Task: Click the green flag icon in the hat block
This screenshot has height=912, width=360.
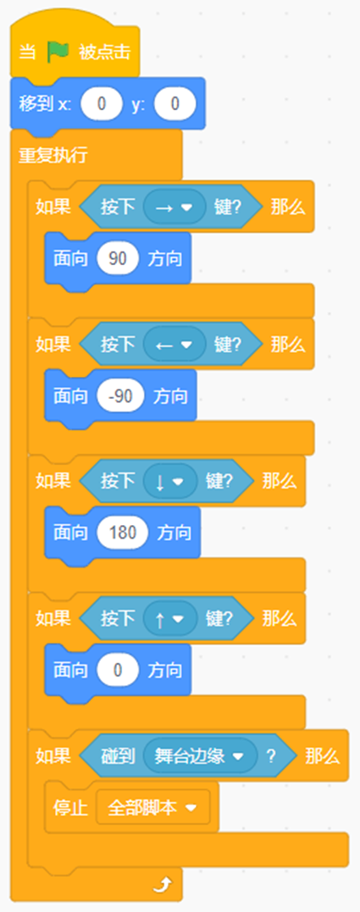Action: pos(58,53)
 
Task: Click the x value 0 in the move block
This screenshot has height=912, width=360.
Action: pos(102,105)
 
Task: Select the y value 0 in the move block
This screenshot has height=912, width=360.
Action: pos(175,105)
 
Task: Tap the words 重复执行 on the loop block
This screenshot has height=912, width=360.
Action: pos(53,155)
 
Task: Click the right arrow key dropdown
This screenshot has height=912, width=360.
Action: pos(174,207)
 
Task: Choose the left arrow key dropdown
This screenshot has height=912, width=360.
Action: pos(174,345)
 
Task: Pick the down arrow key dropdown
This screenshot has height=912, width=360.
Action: pos(170,482)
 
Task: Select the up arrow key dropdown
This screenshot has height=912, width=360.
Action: pos(170,619)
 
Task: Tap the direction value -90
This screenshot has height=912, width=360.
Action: pos(120,396)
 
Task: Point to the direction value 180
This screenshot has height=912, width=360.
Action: pos(123,533)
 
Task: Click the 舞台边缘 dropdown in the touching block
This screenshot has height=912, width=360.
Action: pos(200,756)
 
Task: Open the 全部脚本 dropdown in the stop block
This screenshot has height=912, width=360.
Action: pos(153,808)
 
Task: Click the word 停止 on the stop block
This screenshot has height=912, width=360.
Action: pos(70,808)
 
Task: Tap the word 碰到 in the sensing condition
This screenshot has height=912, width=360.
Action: pos(118,756)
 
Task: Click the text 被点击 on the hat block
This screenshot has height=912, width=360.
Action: pos(105,53)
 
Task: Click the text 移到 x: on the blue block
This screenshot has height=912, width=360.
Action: pos(44,105)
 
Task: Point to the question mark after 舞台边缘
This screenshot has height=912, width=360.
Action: pos(270,756)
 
